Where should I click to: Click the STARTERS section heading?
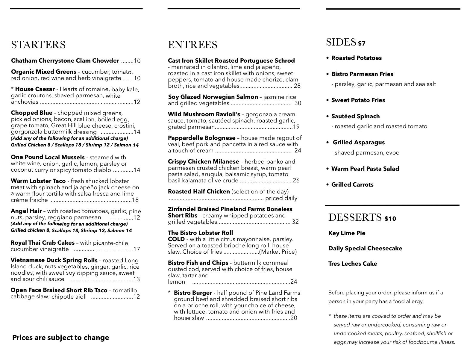coord(38,45)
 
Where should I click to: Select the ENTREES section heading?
coord(192,45)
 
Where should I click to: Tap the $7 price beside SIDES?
coord(362,44)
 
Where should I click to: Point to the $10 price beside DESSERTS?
coord(390,219)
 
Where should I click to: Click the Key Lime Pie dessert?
coord(347,233)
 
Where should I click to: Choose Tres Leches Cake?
coord(352,264)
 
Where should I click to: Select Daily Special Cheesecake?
coord(365,249)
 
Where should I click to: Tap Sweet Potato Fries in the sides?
coord(358,100)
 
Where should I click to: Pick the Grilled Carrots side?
coord(352,185)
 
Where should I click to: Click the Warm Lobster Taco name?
coord(38,181)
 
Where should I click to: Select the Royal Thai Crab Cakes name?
coord(43,243)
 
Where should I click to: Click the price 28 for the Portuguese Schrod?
coord(297,86)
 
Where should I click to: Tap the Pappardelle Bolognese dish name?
coord(201,138)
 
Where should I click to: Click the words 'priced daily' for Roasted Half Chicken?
coord(281,198)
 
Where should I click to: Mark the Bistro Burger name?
coord(193,293)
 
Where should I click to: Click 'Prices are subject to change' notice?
coord(60,338)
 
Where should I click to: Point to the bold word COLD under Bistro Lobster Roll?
coord(176,239)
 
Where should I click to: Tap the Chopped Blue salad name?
coord(31,113)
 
